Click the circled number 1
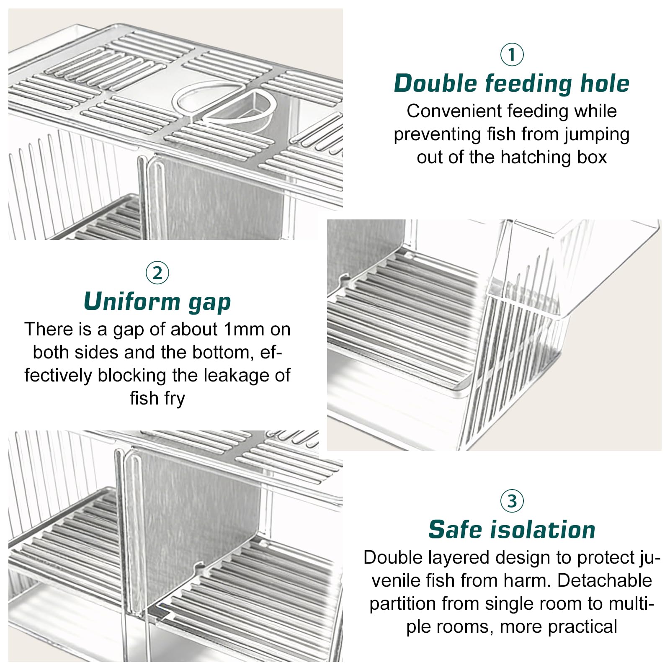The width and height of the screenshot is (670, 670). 512,54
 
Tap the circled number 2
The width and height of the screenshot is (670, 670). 157,273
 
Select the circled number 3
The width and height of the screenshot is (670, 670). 512,501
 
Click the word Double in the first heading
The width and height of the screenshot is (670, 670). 436,83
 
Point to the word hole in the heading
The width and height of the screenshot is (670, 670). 605,83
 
